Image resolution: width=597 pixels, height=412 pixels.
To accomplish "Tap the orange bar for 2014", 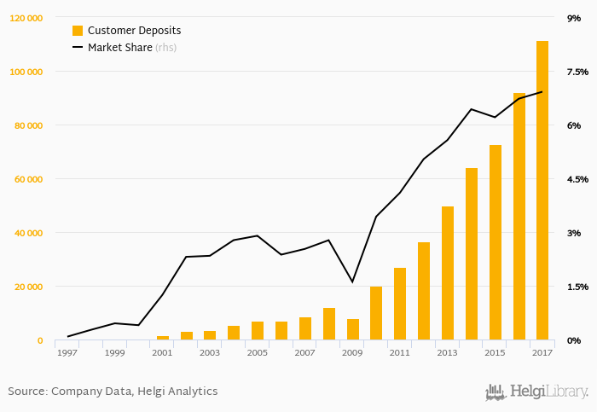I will click(x=472, y=254).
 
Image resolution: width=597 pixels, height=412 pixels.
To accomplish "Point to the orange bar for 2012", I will click(x=424, y=291).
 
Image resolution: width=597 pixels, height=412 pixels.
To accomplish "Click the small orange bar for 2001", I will click(x=163, y=338).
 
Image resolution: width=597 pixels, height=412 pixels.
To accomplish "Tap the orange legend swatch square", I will click(x=78, y=31).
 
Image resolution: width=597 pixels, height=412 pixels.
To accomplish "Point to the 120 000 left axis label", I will click(x=26, y=18).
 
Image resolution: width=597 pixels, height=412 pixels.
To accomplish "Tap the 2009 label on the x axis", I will click(x=352, y=352).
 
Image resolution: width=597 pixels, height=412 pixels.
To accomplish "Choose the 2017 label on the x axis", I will click(x=542, y=352).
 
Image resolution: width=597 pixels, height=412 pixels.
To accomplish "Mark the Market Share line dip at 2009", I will click(x=352, y=281).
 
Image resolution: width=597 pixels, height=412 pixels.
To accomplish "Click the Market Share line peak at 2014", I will click(x=471, y=109).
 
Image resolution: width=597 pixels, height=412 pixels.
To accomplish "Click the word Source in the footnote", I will click(x=26, y=392).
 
